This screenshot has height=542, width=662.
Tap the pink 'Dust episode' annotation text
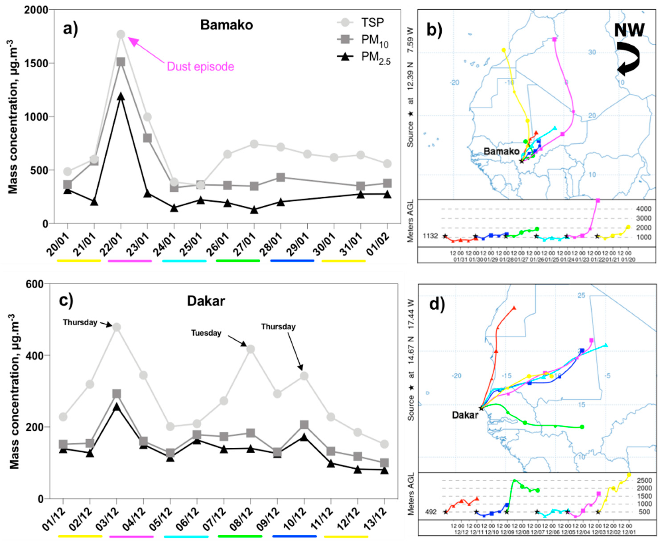(x=200, y=66)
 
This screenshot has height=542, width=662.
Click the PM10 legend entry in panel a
(x=375, y=40)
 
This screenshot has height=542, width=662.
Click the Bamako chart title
(x=227, y=25)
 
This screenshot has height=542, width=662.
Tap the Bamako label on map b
(x=501, y=151)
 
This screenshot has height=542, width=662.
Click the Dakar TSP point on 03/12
(x=117, y=327)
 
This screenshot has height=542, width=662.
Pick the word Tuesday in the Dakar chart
(x=206, y=333)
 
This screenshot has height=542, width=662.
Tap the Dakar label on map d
(x=465, y=415)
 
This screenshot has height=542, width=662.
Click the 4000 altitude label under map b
(x=644, y=209)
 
